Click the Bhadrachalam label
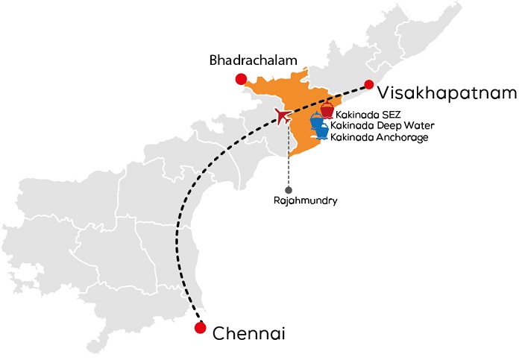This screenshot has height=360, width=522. tap(253, 60)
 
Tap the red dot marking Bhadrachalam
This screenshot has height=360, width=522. tap(240, 79)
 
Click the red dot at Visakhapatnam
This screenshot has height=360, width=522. tap(368, 85)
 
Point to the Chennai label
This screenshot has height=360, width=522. tap(248, 333)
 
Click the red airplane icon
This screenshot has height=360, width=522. tap(283, 116)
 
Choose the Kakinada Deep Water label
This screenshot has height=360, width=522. tap(381, 126)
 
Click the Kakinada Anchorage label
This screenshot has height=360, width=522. tap(380, 137)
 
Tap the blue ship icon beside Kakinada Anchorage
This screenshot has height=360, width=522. tap(322, 133)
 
